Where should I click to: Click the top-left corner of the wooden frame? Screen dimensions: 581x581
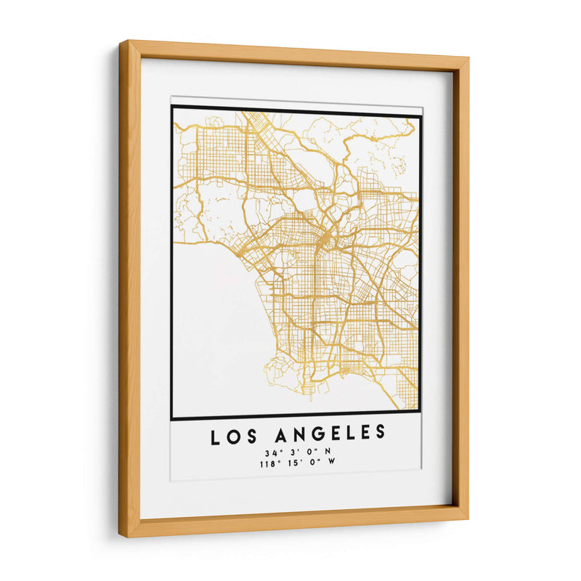click(121, 42)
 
